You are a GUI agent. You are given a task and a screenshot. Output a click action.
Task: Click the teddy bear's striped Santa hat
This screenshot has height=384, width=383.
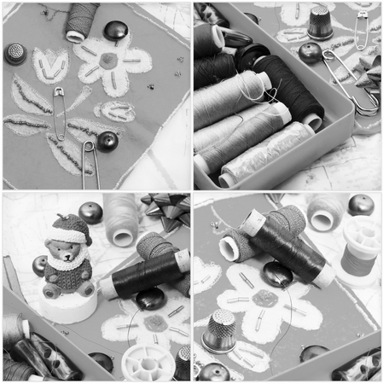tap(69, 229)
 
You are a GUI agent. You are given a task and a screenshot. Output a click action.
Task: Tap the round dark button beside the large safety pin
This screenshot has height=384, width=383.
tap(309, 53)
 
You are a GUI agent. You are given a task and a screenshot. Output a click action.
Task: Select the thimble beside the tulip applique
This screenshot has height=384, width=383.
tap(15, 53)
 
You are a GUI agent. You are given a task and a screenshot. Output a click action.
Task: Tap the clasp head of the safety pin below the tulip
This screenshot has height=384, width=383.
tap(59, 92)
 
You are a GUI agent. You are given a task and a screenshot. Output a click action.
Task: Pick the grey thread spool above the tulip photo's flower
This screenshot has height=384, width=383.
tap(81, 20)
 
